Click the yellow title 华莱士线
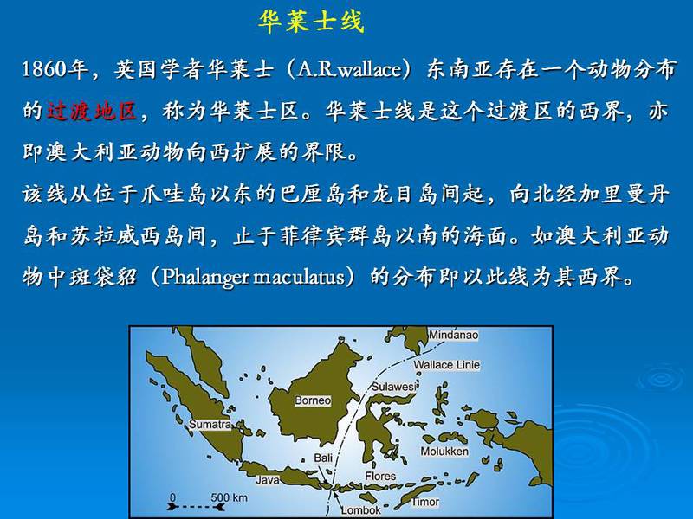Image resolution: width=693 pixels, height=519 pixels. click(x=311, y=22)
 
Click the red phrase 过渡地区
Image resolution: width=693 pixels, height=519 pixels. click(x=92, y=111)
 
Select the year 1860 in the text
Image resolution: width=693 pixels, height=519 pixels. click(x=44, y=69)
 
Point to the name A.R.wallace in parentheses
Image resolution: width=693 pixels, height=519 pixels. click(x=349, y=69)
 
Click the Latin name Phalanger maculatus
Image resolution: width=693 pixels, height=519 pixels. click(x=253, y=277)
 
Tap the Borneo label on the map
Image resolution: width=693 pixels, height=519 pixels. click(x=313, y=400)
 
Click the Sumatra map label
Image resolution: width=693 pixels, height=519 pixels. click(x=210, y=424)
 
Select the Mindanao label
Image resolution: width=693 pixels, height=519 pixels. click(x=454, y=335)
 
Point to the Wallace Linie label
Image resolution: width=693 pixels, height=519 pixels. click(x=446, y=365)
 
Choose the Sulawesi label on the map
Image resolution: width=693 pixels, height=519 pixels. click(x=393, y=387)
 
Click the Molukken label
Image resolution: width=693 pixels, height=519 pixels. click(x=444, y=451)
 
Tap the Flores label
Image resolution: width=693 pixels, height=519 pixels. click(x=380, y=477)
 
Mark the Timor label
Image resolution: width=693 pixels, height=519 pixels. click(x=425, y=502)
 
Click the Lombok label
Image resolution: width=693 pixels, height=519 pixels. click(x=360, y=510)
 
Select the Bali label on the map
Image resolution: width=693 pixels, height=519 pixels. click(x=323, y=458)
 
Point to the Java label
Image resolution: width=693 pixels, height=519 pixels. click(x=268, y=480)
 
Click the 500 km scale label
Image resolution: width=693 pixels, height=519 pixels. click(x=229, y=497)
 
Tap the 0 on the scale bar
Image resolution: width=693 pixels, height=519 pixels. click(x=172, y=497)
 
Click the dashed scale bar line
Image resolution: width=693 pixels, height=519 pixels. click(x=196, y=507)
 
